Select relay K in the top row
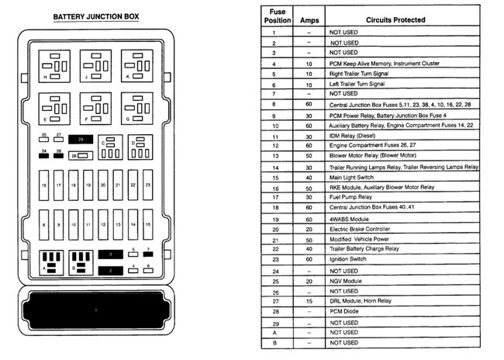tap(136, 66)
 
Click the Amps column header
tap(309, 18)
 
